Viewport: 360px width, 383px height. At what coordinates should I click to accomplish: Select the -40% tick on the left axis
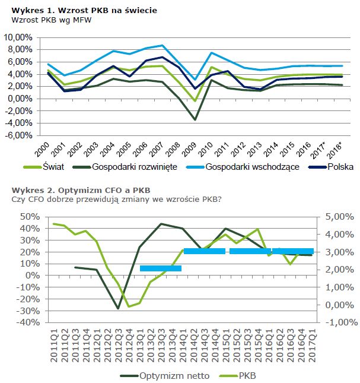[26, 322]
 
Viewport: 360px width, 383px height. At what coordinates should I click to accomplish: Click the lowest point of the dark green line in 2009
[195, 119]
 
